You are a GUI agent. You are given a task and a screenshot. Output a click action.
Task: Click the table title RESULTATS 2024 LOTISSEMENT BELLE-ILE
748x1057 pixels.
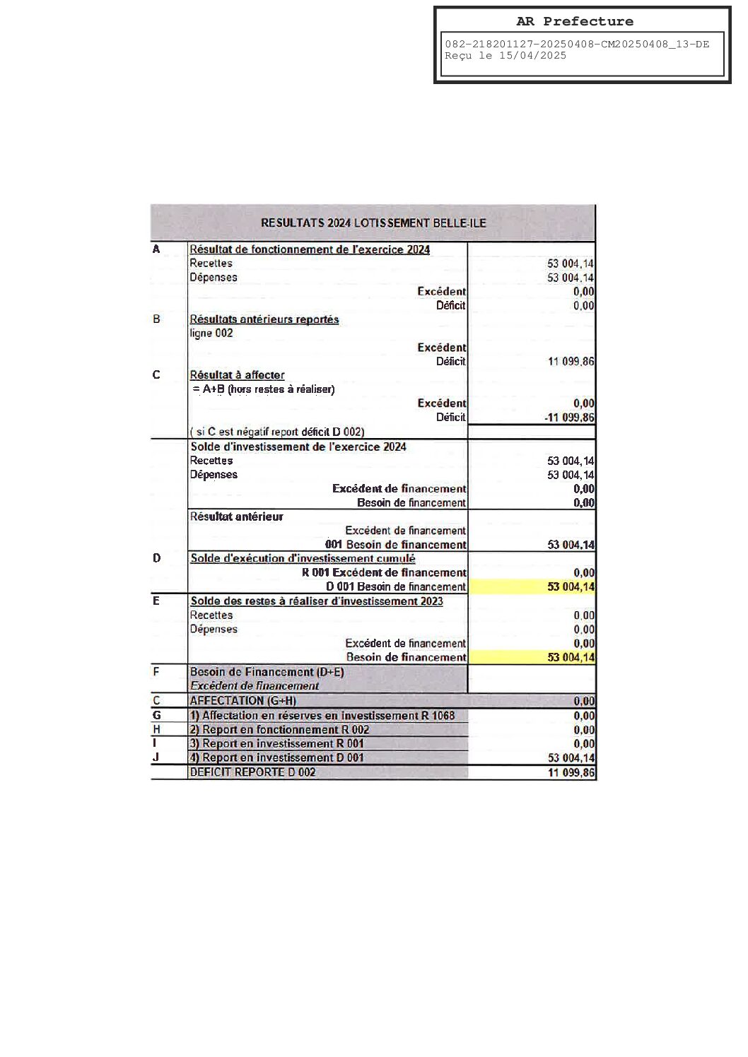373,223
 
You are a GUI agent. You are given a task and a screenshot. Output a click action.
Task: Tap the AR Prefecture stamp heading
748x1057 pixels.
574,21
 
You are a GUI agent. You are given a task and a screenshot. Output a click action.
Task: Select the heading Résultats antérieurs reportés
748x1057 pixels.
264,319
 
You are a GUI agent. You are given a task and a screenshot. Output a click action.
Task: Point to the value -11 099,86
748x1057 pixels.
569,418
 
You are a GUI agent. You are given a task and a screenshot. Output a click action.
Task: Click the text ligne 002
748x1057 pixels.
211,333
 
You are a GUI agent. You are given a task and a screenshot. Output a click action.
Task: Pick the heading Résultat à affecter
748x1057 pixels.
238,375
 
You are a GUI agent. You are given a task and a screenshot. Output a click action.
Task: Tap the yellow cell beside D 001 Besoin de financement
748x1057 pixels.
532,586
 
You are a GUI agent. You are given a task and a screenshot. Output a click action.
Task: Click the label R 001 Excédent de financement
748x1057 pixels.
384,573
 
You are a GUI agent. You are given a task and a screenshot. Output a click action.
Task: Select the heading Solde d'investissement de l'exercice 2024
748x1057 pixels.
298,447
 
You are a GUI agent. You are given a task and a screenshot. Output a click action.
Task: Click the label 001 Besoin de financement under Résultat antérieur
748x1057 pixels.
396,545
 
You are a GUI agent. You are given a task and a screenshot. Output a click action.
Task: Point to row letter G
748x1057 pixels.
157,716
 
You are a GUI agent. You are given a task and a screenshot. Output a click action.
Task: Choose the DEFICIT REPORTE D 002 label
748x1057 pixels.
252,772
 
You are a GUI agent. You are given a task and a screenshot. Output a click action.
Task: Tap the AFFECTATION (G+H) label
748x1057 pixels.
242,701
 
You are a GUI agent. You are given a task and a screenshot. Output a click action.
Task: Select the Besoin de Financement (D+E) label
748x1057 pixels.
267,672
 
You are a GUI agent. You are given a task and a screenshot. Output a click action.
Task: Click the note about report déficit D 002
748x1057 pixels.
277,432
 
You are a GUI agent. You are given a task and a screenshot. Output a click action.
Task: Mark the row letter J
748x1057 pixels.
156,757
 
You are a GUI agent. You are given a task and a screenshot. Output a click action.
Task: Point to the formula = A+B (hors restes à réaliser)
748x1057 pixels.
263,389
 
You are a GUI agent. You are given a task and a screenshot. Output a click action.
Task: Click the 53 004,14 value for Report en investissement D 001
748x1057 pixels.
571,758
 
